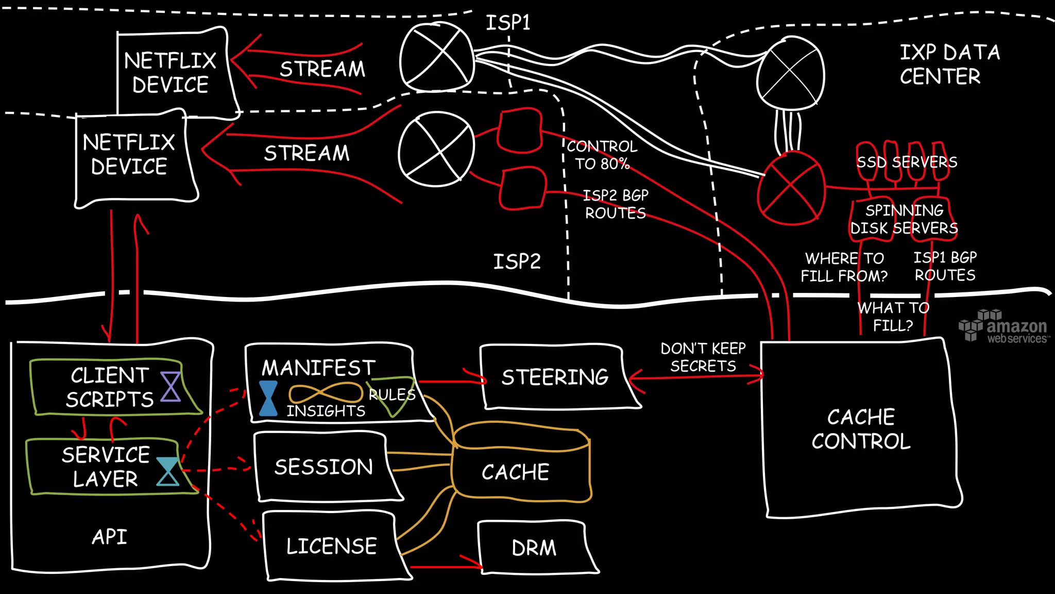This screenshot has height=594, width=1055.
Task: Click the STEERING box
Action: [555, 377]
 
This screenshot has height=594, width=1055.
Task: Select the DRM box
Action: [535, 548]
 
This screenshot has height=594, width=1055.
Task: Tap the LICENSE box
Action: [332, 546]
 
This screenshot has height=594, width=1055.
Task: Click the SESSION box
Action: [324, 467]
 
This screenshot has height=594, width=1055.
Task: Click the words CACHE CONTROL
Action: [861, 429]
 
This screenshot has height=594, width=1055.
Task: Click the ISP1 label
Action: [508, 23]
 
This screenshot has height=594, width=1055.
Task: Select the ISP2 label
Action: [517, 262]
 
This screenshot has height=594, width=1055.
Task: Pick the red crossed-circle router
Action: [790, 188]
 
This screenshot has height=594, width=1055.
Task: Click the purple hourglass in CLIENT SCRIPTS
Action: [171, 387]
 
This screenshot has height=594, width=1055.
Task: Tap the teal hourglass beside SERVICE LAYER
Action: [168, 471]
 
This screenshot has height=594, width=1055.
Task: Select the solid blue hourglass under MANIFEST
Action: [268, 399]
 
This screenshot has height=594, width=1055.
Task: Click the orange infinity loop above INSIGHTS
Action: [326, 393]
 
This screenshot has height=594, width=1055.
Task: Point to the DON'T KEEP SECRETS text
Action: [703, 357]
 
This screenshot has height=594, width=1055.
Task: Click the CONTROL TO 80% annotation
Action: [602, 155]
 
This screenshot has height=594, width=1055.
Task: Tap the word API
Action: [109, 537]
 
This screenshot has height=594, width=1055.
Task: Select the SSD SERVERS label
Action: [907, 162]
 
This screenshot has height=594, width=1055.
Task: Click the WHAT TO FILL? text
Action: [893, 317]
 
